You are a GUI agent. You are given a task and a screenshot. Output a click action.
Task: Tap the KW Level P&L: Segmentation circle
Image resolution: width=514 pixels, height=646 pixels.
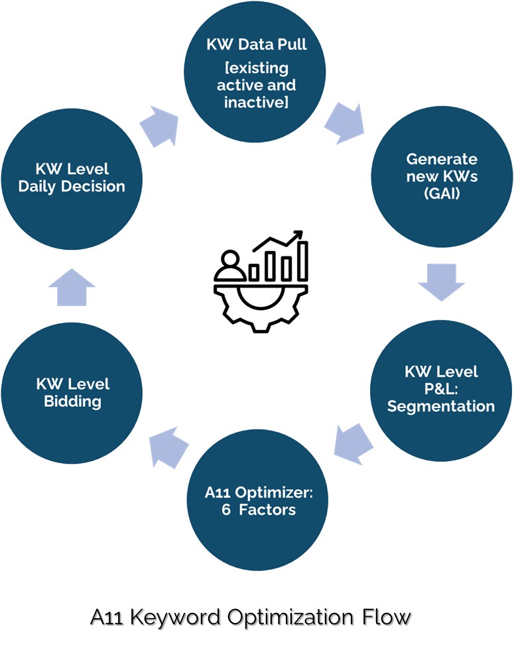[x=441, y=388]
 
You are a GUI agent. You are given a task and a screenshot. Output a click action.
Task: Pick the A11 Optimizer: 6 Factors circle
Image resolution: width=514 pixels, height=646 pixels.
[x=259, y=501]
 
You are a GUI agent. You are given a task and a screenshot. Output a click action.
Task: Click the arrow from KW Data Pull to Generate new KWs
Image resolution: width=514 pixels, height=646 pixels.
[x=344, y=121]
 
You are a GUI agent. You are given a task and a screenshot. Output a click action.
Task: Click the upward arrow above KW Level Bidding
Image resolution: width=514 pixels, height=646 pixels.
[x=72, y=286]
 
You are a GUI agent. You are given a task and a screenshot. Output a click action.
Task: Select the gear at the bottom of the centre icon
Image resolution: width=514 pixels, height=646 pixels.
[x=259, y=306]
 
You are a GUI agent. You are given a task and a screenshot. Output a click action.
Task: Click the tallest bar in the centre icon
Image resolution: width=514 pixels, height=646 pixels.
[x=303, y=261]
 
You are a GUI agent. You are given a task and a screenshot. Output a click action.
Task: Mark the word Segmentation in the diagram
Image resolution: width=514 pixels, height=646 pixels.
[x=441, y=405]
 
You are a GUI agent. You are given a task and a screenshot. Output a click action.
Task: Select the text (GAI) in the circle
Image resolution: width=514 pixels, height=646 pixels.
[x=441, y=195]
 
